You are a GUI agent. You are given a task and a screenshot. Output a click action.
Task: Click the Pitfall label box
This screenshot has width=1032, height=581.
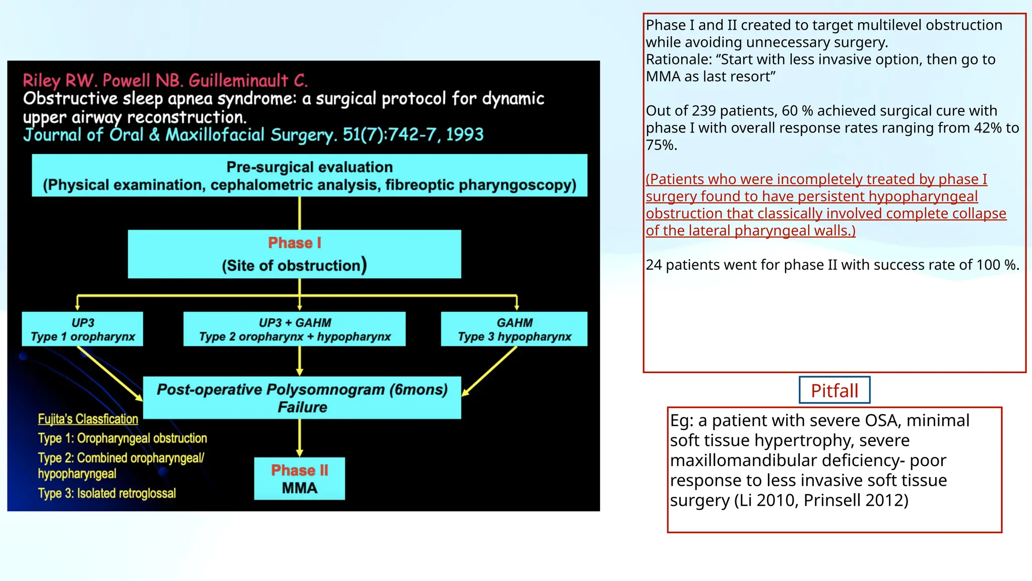click(834, 390)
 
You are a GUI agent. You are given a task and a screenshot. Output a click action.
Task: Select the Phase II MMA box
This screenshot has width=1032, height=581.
click(299, 479)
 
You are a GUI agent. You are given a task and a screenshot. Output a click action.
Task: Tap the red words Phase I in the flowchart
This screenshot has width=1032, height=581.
click(294, 243)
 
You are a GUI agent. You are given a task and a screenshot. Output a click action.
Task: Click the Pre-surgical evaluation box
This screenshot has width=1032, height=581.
click(309, 176)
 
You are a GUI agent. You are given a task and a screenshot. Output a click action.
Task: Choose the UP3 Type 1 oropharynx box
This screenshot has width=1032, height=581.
click(83, 329)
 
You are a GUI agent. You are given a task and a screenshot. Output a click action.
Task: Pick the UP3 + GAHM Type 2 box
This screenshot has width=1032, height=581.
click(295, 329)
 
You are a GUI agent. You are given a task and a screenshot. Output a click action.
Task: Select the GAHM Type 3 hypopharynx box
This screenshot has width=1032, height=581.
click(514, 329)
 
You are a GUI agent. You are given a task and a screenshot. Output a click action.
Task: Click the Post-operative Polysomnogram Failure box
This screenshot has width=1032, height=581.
click(302, 398)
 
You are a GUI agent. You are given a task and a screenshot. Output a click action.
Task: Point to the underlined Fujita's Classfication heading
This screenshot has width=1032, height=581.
click(88, 419)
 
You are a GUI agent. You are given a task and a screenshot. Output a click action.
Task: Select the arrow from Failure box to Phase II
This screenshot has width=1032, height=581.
click(300, 438)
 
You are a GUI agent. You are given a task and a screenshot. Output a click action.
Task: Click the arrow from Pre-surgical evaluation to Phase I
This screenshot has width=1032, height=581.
click(300, 213)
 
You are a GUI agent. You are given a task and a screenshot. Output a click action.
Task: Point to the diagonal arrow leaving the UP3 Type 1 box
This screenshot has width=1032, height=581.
click(110, 373)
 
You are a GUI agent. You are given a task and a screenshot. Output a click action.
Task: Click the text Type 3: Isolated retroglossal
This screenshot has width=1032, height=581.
click(107, 493)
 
